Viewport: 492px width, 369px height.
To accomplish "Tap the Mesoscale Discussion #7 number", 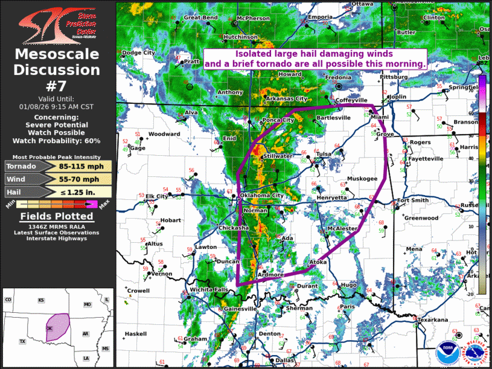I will (x=57, y=86).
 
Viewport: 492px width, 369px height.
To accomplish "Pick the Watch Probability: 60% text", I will (x=57, y=141).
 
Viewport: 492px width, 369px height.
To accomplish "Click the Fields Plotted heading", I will (x=57, y=216).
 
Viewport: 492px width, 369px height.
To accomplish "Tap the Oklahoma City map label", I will (x=261, y=196).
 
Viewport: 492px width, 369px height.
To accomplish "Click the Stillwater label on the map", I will (x=278, y=156).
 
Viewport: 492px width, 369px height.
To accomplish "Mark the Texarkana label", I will (x=432, y=319).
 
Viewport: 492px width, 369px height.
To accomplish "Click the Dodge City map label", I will (x=139, y=53).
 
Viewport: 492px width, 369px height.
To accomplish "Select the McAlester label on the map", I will (x=342, y=229).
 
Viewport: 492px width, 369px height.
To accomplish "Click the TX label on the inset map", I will (x=22, y=342).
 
